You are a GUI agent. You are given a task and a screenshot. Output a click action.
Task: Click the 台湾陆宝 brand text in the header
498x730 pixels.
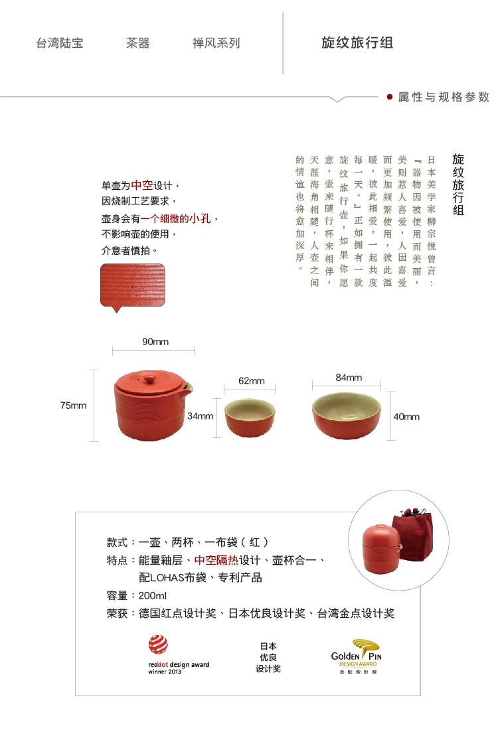coord(60,44)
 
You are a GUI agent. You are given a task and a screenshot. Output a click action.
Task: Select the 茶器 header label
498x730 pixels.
coord(138,44)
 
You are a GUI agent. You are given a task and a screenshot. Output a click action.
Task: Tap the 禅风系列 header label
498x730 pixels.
coord(216,44)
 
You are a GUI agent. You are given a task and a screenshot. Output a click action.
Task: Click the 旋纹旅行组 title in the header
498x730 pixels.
coord(357,43)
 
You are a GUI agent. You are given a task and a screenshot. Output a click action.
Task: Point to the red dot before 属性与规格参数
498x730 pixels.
coord(390,97)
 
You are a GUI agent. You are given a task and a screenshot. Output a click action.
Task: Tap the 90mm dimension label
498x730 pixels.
coord(155,342)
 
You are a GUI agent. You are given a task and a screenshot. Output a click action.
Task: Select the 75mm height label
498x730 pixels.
coord(74,405)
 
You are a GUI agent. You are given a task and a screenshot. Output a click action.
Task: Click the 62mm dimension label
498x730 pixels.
coord(252,381)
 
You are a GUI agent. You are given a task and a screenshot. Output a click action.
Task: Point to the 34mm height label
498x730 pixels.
coord(200,416)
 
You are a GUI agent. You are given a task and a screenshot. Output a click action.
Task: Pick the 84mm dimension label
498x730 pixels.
coord(349,378)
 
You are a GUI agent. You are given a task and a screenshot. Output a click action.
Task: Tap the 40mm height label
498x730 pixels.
coord(406,417)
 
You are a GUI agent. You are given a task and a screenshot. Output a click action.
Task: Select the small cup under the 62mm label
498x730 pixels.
coord(250,417)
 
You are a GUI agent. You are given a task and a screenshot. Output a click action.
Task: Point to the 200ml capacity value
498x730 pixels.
coord(153,596)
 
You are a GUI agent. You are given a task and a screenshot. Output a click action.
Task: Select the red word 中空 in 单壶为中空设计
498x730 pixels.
coord(141,185)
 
